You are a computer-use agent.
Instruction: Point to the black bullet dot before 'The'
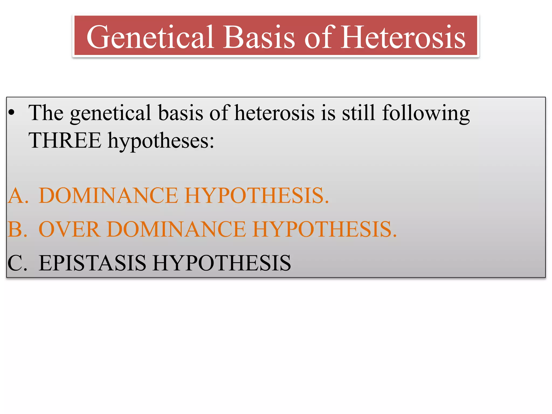point(11,113)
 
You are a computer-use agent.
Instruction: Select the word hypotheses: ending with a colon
point(161,141)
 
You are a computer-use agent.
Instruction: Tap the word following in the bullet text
point(426,113)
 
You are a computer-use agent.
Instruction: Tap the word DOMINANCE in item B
point(176,229)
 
